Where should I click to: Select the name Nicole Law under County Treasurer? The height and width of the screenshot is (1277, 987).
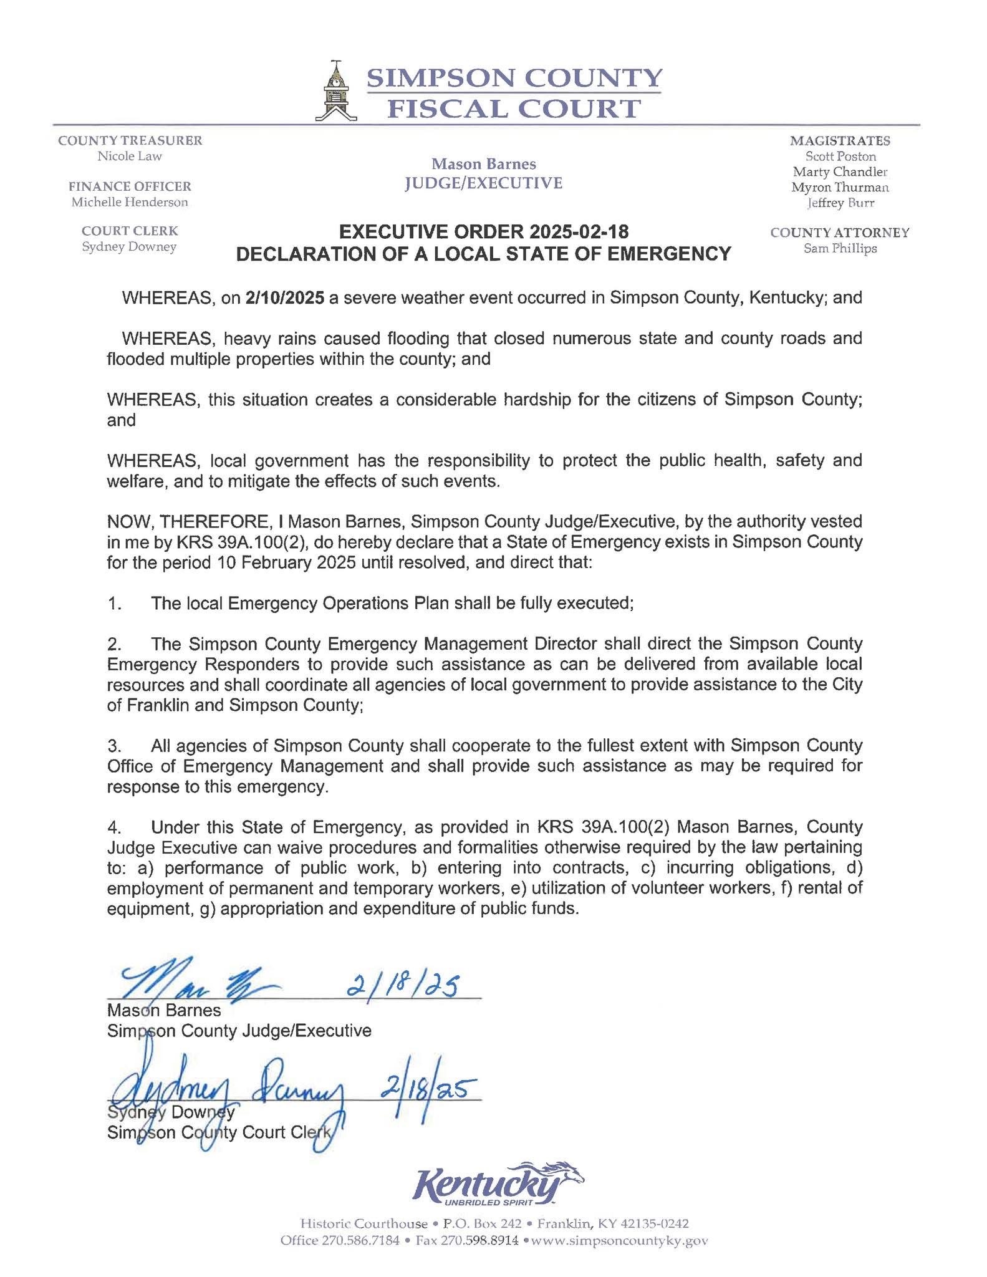(x=130, y=157)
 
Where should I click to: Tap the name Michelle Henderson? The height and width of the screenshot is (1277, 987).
(x=130, y=202)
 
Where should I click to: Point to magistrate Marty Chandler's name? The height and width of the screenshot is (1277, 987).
(x=840, y=171)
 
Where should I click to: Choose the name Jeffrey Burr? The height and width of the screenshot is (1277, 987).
(x=840, y=203)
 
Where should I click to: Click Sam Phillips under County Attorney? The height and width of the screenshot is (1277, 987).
(x=840, y=248)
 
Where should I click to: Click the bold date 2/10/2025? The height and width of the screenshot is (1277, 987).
(x=285, y=297)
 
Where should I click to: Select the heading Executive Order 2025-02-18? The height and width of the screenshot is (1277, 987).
(x=483, y=233)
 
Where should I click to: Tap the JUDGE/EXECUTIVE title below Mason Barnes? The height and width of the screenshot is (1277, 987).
(x=483, y=183)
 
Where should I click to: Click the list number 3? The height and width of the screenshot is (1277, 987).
(x=113, y=746)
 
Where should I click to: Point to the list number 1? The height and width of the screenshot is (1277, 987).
(x=113, y=603)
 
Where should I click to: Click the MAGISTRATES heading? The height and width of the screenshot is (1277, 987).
(x=840, y=141)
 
